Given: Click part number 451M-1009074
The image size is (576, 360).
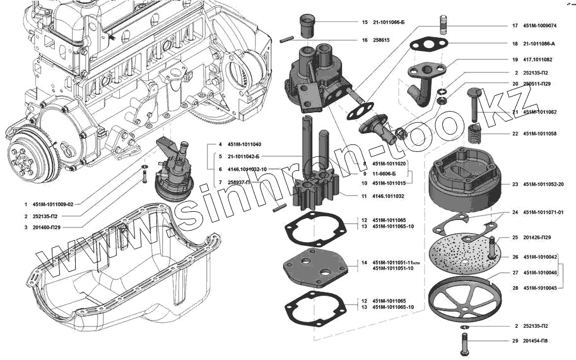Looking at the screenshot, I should [539, 26].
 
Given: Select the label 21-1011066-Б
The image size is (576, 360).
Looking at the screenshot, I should [387, 22].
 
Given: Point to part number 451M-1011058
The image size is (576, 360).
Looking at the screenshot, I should [539, 134].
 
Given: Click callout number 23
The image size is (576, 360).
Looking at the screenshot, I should [515, 184].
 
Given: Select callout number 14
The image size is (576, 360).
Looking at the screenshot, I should [364, 262].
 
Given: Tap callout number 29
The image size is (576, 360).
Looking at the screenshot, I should [515, 341].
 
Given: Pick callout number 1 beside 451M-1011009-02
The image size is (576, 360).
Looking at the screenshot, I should [26, 204].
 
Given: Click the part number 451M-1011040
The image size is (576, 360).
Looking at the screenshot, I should [239, 144].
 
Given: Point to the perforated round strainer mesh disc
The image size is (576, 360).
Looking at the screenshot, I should [463, 253].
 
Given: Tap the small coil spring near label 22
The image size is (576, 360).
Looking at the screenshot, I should [474, 134].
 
